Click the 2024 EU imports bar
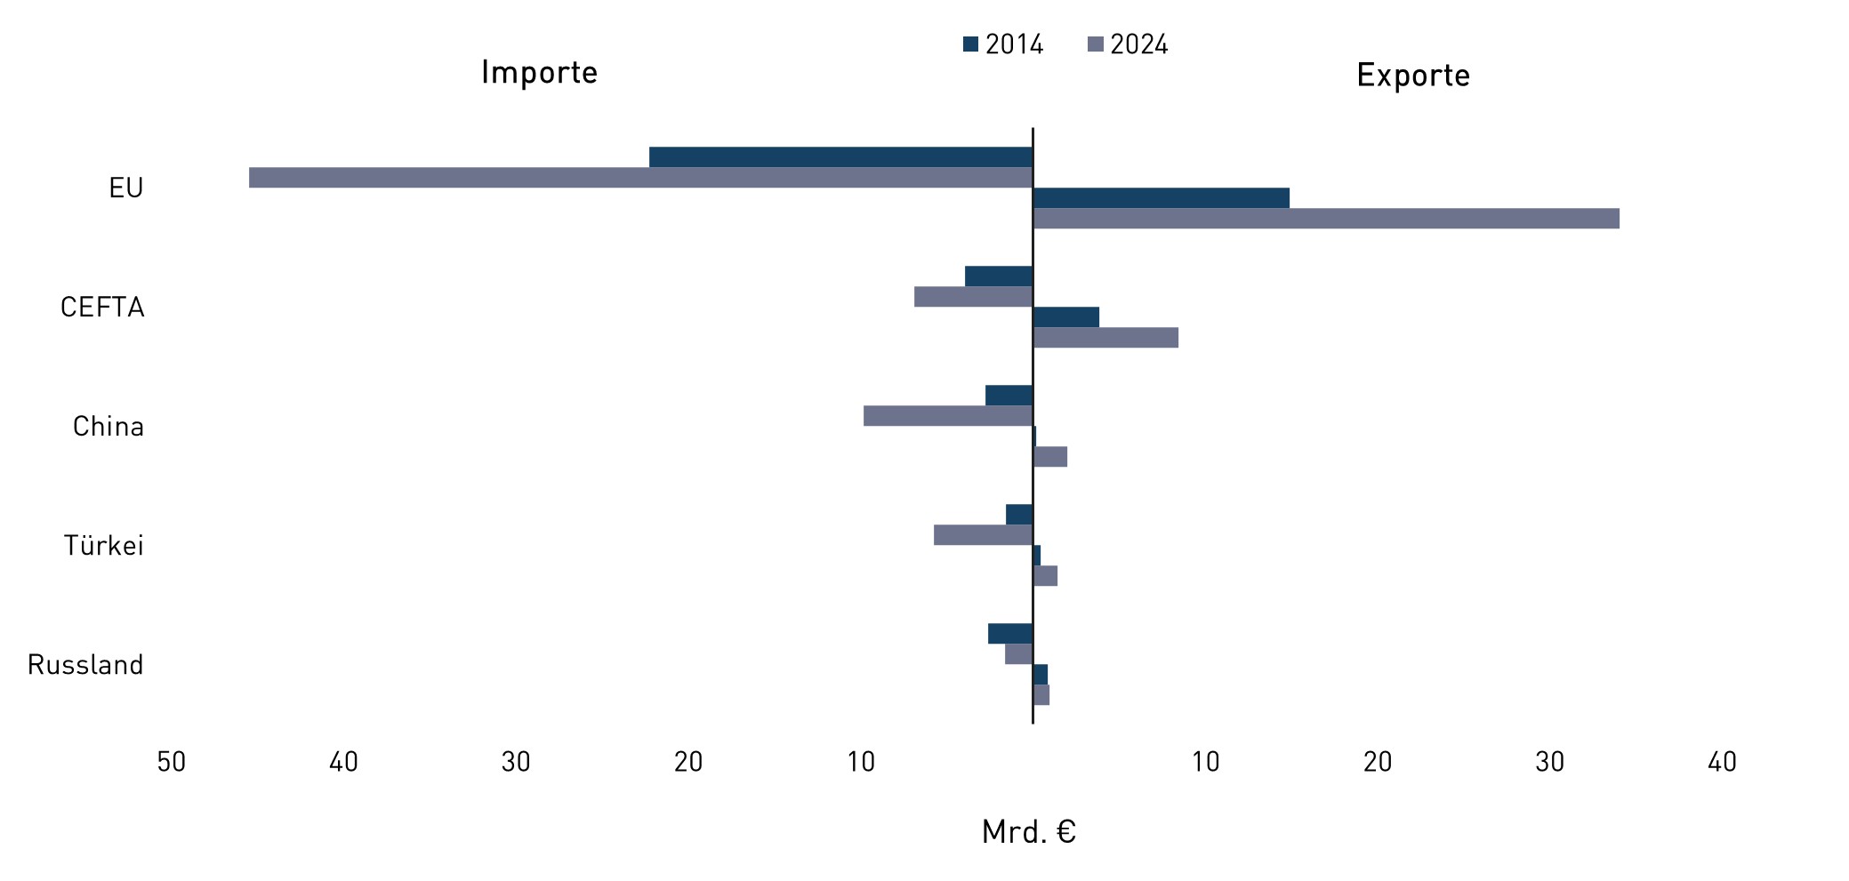click(x=640, y=178)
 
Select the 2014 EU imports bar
click(x=840, y=157)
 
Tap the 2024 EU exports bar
click(x=1325, y=219)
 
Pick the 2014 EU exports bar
click(x=1161, y=198)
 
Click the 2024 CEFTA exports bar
click(x=1105, y=338)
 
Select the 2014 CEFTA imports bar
click(x=999, y=276)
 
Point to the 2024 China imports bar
click(x=948, y=416)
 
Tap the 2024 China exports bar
click(x=1050, y=457)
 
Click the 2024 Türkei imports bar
click(x=983, y=535)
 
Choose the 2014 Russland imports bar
click(x=1010, y=634)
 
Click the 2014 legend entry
click(x=1003, y=44)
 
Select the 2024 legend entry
click(x=1128, y=44)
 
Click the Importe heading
click(x=539, y=73)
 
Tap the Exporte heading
click(x=1412, y=76)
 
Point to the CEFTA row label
click(x=102, y=308)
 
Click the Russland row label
click(x=85, y=665)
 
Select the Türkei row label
click(x=103, y=546)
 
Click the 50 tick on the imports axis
click(x=172, y=762)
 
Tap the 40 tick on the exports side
click(x=1722, y=762)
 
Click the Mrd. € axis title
click(x=1029, y=832)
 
